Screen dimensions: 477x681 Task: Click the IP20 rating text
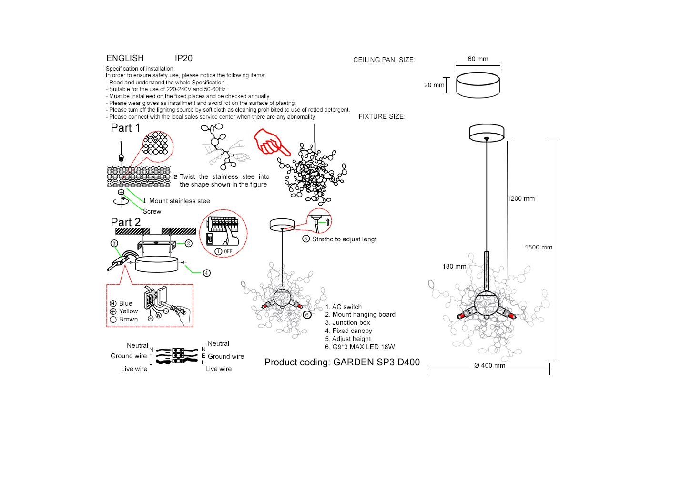183,58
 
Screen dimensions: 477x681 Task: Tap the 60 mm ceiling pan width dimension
478,59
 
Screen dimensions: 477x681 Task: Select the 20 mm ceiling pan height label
434,85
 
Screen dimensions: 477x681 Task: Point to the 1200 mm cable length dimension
521,199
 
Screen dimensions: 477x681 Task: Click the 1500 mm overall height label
539,248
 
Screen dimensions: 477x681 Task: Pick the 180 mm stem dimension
454,267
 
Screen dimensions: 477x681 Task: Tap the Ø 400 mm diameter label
489,366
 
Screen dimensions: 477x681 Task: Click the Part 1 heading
125,128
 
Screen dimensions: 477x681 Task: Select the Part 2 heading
125,222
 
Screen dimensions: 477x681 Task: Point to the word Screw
152,212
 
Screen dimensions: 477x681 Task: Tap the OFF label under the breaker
228,251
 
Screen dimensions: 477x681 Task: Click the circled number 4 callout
206,273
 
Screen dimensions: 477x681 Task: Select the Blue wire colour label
125,304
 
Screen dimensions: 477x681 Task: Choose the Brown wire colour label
128,320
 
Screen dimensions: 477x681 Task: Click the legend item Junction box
351,323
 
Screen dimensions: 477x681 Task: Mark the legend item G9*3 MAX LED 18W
363,347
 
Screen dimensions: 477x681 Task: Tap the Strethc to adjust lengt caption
344,239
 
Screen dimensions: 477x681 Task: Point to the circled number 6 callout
307,315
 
